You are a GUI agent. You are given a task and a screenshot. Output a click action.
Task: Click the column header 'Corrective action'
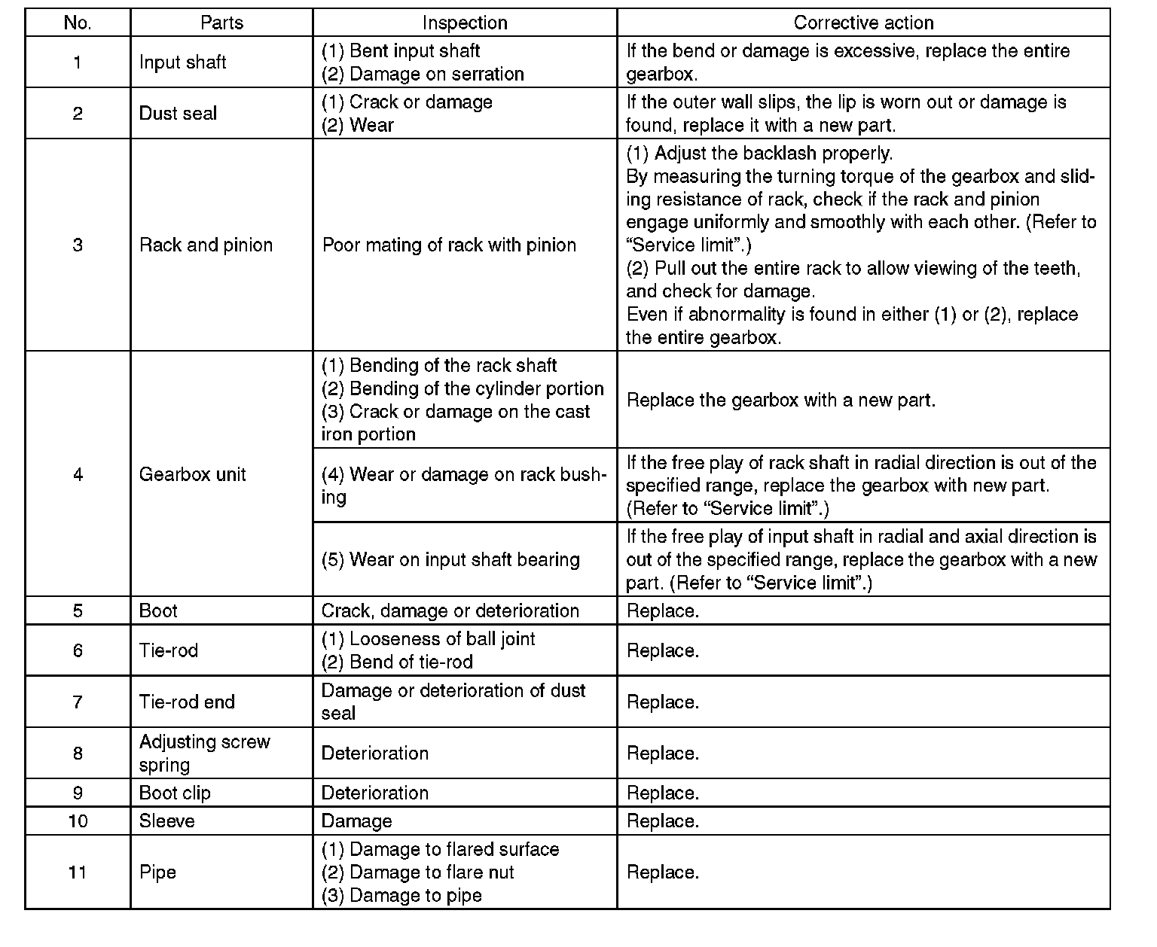pyautogui.click(x=863, y=23)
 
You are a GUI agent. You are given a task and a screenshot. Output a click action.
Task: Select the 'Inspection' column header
pyautogui.click(x=465, y=23)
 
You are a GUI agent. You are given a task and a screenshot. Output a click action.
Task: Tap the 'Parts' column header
pyautogui.click(x=221, y=23)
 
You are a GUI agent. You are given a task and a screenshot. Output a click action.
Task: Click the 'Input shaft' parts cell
pyautogui.click(x=183, y=62)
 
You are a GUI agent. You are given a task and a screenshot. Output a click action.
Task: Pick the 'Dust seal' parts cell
pyautogui.click(x=178, y=114)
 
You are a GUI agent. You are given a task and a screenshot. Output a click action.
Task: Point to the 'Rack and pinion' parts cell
pyautogui.click(x=206, y=245)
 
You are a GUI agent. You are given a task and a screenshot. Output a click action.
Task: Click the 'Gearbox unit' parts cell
pyautogui.click(x=193, y=474)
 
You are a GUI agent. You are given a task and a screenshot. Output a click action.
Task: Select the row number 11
pyautogui.click(x=78, y=872)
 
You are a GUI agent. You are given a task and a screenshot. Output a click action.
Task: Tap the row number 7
pyautogui.click(x=78, y=702)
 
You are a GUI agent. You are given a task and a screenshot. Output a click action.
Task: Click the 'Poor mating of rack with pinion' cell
pyautogui.click(x=449, y=245)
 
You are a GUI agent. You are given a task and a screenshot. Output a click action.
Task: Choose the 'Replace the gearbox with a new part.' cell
pyautogui.click(x=781, y=400)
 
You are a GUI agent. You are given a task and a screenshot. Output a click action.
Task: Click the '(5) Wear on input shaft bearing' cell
pyautogui.click(x=450, y=559)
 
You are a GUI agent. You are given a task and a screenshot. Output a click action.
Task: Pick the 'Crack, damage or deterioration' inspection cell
pyautogui.click(x=450, y=611)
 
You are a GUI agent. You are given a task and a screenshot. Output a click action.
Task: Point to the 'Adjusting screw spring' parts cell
pyautogui.click(x=204, y=753)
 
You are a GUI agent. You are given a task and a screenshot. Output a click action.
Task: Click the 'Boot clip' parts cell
pyautogui.click(x=175, y=793)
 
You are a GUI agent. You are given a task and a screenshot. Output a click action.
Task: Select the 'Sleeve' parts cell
pyautogui.click(x=166, y=821)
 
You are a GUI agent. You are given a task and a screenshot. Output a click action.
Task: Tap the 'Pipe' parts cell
pyautogui.click(x=157, y=872)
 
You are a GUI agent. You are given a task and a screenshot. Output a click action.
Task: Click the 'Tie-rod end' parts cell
pyautogui.click(x=187, y=702)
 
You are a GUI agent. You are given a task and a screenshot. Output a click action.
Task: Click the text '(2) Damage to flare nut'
pyautogui.click(x=417, y=872)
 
